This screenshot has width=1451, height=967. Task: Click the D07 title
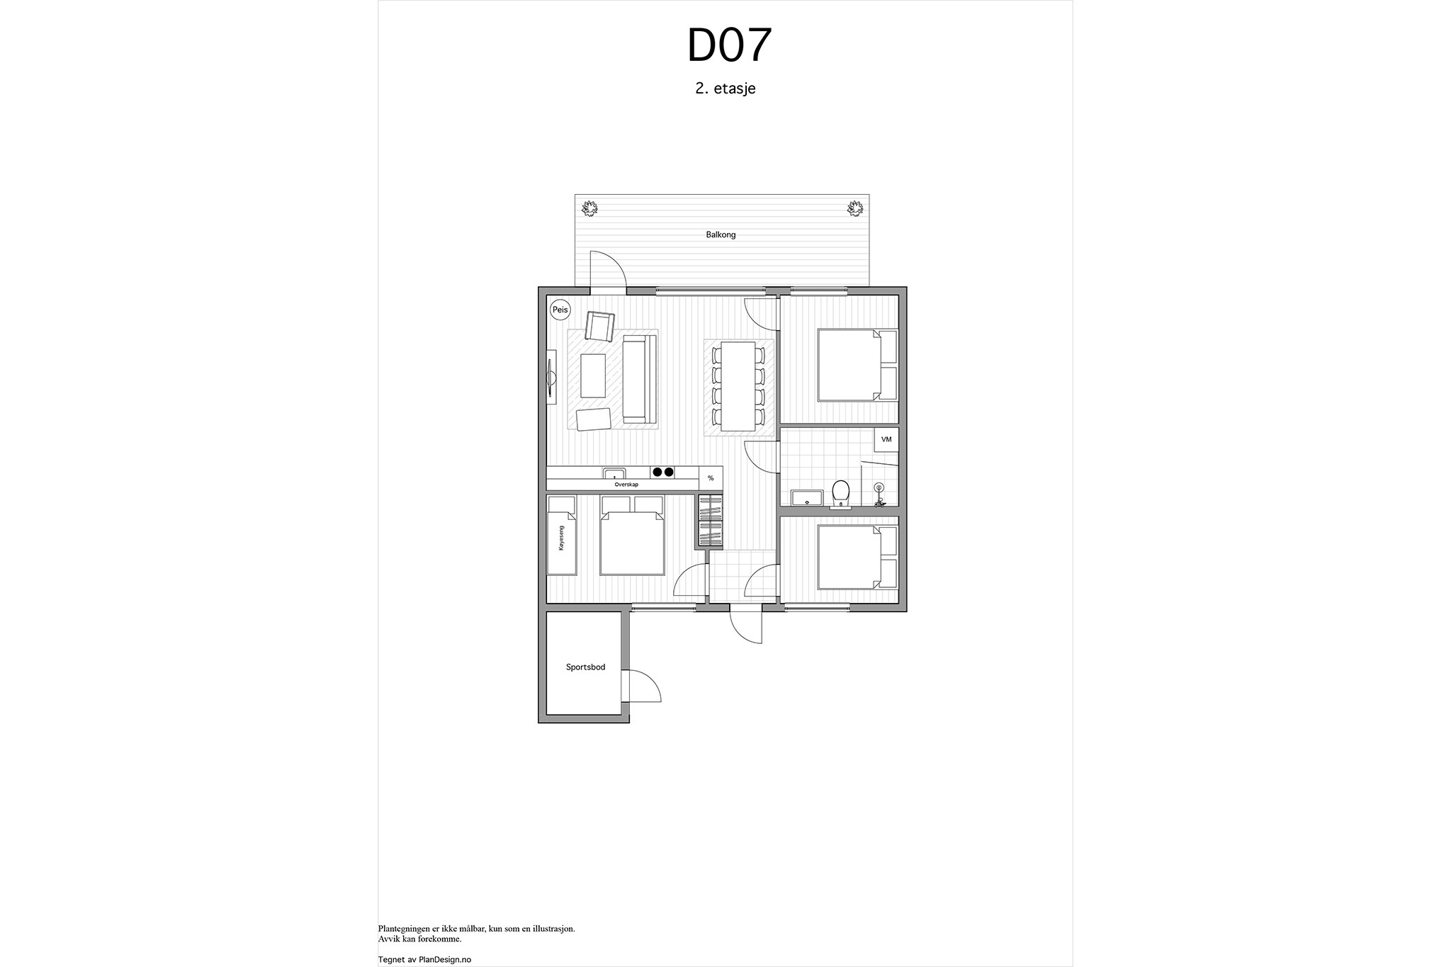tap(729, 47)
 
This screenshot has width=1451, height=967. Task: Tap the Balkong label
tap(721, 234)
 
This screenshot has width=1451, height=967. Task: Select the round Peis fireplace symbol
tap(560, 310)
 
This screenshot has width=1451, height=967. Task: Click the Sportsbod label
tap(585, 667)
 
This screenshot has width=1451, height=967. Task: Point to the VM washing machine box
tap(886, 439)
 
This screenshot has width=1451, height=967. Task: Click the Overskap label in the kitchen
tap(626, 485)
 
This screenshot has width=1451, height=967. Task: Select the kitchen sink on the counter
tap(614, 473)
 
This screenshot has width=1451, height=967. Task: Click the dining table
tap(738, 386)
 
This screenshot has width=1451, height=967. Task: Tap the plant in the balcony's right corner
tap(855, 208)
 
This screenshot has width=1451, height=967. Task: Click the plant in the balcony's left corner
tap(589, 208)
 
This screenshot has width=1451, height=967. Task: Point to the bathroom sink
tap(806, 497)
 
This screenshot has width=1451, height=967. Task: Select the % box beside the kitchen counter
tap(711, 478)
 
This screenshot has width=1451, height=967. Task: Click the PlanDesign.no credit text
tap(424, 960)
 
